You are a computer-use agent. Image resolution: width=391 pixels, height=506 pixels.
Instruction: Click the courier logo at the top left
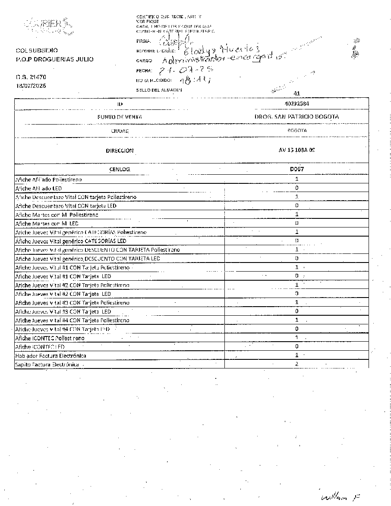pyautogui.click(x=48, y=26)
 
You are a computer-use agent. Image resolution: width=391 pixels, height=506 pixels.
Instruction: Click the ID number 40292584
pyautogui.click(x=296, y=104)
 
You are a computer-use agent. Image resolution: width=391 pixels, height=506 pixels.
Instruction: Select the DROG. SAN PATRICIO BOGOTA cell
pyautogui.click(x=296, y=117)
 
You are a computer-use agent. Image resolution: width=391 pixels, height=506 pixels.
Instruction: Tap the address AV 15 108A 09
pyautogui.click(x=296, y=151)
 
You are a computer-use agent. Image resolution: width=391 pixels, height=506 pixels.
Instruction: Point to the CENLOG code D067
pyautogui.click(x=296, y=169)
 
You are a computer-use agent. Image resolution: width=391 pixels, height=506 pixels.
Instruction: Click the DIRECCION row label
pyautogui.click(x=120, y=151)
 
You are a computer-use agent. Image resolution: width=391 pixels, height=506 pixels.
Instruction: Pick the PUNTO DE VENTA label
pyautogui.click(x=120, y=117)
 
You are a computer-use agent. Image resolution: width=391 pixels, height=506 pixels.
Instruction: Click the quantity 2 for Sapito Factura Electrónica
pyautogui.click(x=296, y=364)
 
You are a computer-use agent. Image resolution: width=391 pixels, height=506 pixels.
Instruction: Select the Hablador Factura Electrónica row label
pyautogui.click(x=50, y=355)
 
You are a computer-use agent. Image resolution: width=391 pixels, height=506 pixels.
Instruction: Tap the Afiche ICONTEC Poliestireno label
pyautogui.click(x=50, y=338)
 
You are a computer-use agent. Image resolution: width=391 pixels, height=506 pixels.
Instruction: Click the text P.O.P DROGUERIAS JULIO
pyautogui.click(x=54, y=59)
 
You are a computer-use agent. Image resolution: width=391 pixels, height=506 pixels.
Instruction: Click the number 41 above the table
pyautogui.click(x=296, y=93)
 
